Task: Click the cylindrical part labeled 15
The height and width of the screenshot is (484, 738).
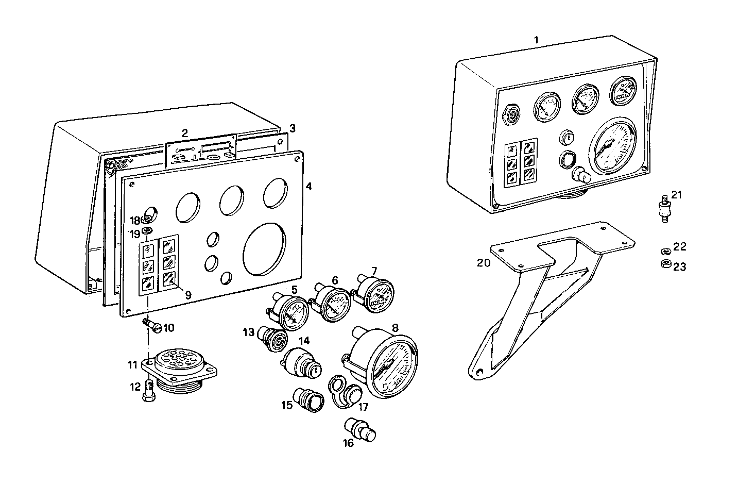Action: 310,399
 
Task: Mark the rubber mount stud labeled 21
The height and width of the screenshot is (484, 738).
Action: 664,208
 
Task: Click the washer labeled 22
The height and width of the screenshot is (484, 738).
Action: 665,252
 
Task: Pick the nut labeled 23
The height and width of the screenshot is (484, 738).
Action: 665,264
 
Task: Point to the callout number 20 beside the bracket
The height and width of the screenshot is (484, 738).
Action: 483,263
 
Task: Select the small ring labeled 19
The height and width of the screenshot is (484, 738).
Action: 147,230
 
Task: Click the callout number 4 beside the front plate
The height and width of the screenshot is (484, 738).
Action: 308,186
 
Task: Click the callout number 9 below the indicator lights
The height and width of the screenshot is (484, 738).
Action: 188,295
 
